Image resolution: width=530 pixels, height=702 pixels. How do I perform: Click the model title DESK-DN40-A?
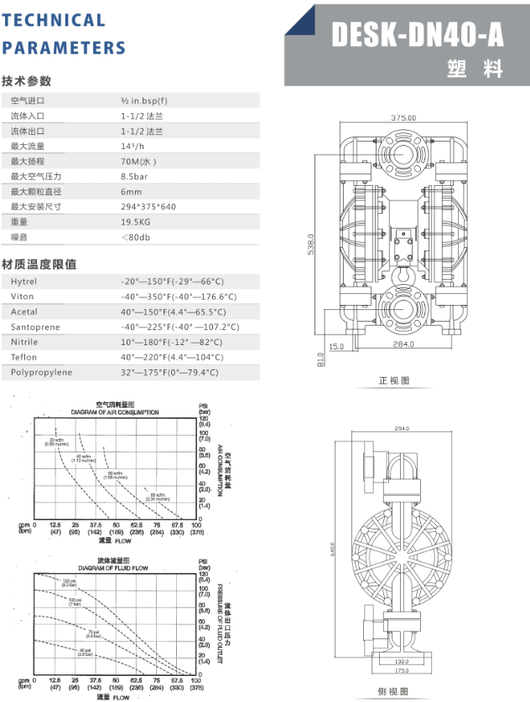418,35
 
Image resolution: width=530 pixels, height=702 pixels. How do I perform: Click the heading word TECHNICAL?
54,19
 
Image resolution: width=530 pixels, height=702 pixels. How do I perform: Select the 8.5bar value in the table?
134,177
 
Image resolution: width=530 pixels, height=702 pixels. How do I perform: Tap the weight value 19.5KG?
135,222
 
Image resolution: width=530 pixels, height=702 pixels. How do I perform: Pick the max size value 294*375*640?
148,207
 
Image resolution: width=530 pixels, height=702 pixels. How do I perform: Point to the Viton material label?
23,297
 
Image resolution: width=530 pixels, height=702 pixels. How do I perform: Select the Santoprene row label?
35,328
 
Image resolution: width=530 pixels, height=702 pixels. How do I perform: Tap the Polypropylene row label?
41,373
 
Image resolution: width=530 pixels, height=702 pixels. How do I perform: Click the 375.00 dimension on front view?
403,118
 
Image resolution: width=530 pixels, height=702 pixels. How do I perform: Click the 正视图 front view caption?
394,381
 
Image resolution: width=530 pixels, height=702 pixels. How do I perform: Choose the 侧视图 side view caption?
393,692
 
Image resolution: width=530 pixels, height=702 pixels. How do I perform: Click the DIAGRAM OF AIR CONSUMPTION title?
115,412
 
